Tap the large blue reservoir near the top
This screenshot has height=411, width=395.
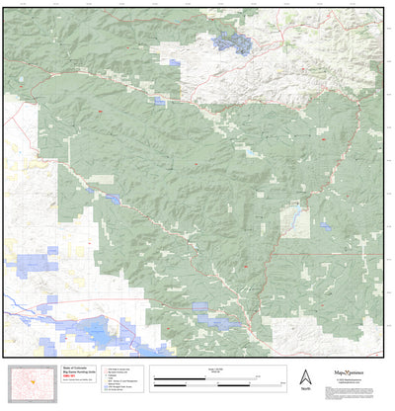pyautogui.click(x=234, y=42)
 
